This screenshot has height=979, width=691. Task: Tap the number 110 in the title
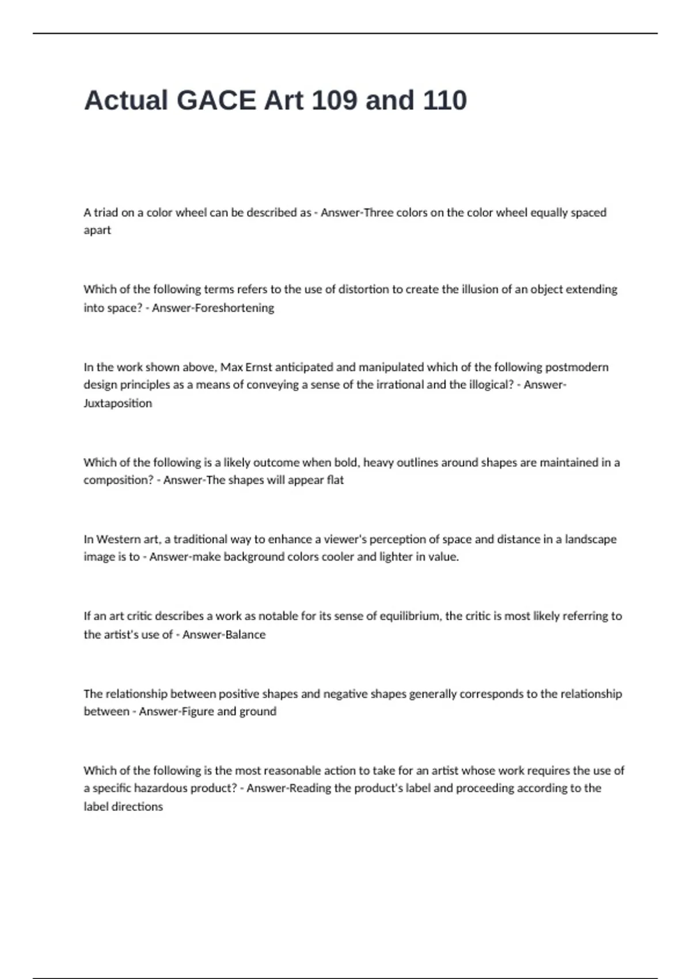coord(445,100)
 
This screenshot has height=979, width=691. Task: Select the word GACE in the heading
coord(216,100)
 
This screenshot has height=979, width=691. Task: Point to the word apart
coord(97,230)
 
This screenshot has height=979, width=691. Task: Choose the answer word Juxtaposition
coord(118,403)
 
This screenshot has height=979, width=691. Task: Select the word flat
coord(335,480)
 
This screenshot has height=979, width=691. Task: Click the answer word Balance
coord(244,635)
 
